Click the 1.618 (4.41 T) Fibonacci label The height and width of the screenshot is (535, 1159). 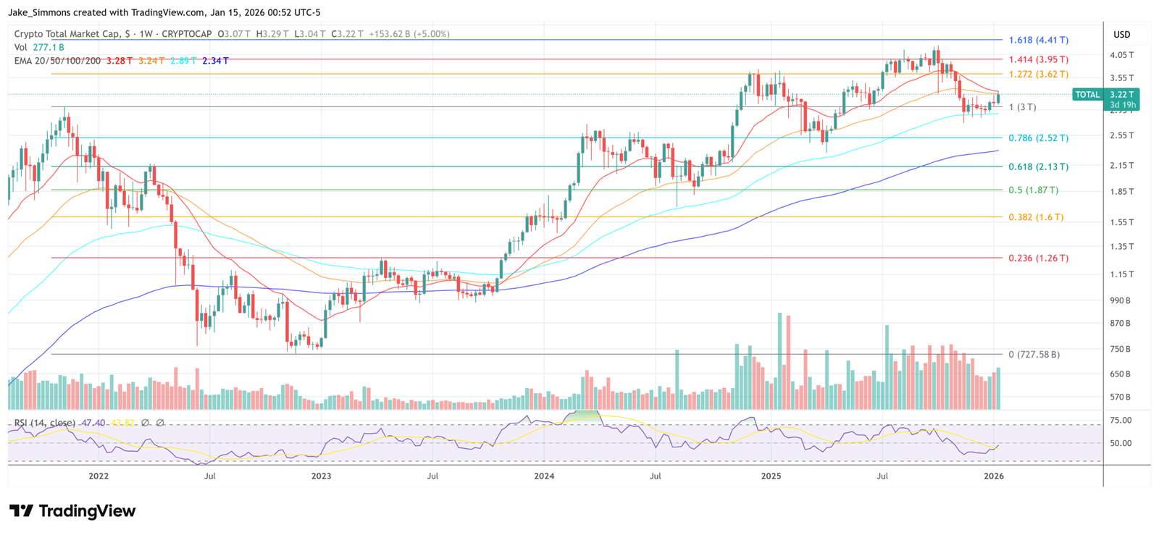[1038, 41]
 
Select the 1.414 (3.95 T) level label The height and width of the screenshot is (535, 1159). [1038, 60]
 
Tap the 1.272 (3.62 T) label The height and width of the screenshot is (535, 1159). [1038, 75]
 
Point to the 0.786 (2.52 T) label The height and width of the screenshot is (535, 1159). [1038, 138]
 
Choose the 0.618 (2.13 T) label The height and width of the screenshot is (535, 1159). [1038, 167]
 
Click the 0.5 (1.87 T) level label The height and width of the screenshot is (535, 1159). [1033, 190]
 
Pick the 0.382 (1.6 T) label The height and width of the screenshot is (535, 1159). [1036, 217]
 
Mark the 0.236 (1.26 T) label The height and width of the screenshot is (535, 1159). [1038, 258]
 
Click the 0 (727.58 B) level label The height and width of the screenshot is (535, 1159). [1034, 355]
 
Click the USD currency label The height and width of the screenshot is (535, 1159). [1121, 35]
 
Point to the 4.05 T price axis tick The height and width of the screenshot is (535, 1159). [1121, 55]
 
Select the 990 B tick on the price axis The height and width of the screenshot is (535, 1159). [1120, 300]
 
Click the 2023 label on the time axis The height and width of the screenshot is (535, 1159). [321, 476]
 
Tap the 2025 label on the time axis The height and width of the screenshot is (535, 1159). [771, 476]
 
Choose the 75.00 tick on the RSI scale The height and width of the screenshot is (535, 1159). [1121, 421]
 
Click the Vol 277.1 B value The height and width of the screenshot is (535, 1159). [48, 48]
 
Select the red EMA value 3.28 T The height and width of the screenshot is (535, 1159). [120, 61]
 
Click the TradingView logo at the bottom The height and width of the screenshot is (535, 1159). [72, 511]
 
